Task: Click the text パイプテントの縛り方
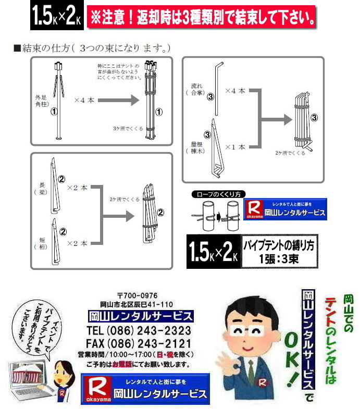tap(278, 246)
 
